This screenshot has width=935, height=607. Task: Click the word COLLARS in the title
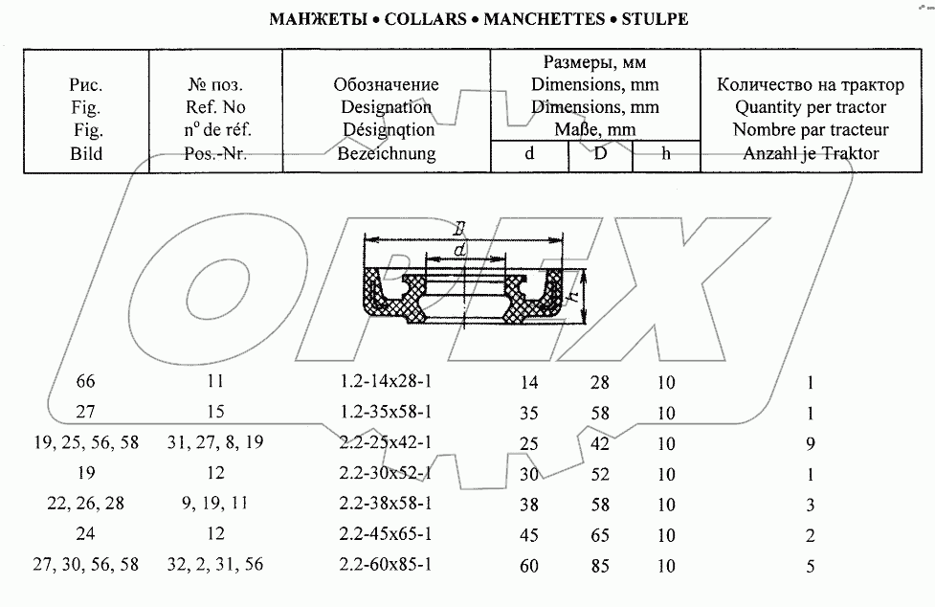(x=421, y=18)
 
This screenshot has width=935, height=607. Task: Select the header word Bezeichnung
(x=387, y=152)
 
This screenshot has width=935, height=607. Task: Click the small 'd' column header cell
(x=529, y=153)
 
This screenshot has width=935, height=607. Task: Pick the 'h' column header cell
(x=666, y=153)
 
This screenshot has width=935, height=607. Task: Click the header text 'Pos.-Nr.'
(x=215, y=152)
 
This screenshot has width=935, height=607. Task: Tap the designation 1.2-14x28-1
(x=387, y=382)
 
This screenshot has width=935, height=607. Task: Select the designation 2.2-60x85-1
(x=387, y=565)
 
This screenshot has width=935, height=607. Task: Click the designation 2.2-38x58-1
(x=387, y=504)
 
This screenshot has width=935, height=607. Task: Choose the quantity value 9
(x=810, y=443)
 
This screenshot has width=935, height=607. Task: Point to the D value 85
(x=600, y=566)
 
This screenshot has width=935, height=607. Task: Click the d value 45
(x=529, y=535)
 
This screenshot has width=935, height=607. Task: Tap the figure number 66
(x=86, y=382)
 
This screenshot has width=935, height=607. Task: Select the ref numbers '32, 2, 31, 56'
(x=215, y=565)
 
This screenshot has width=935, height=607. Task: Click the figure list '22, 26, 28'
(x=86, y=504)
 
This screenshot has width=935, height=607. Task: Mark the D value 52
(x=600, y=474)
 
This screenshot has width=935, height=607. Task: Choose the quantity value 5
(x=810, y=566)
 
